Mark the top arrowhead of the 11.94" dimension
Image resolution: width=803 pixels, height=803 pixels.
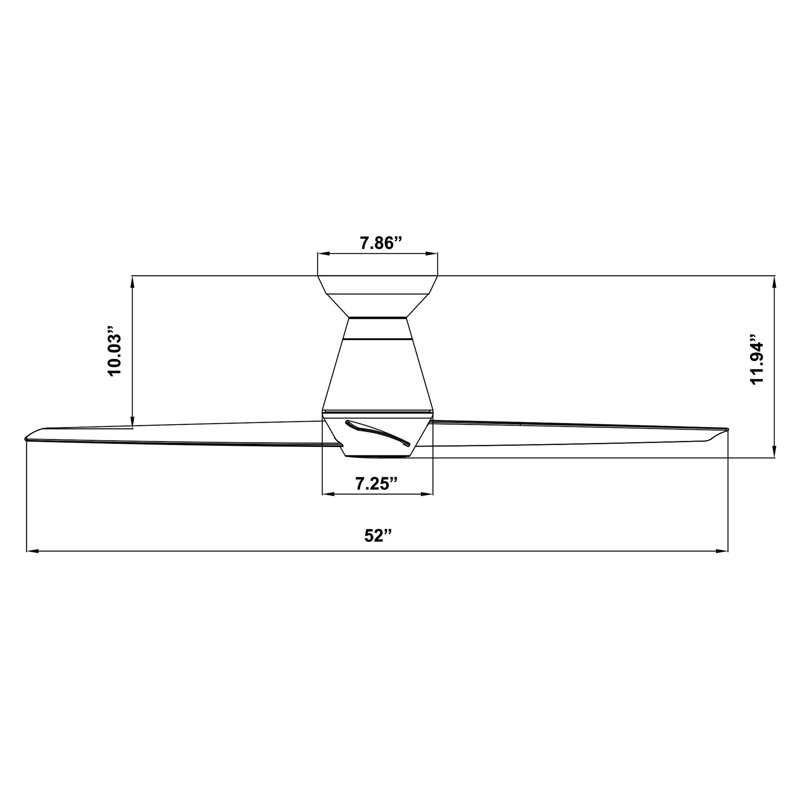pyautogui.click(x=774, y=282)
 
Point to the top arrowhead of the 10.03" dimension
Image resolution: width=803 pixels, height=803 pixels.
pyautogui.click(x=132, y=282)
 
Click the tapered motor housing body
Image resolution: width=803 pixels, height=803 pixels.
pyautogui.click(x=377, y=372)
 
